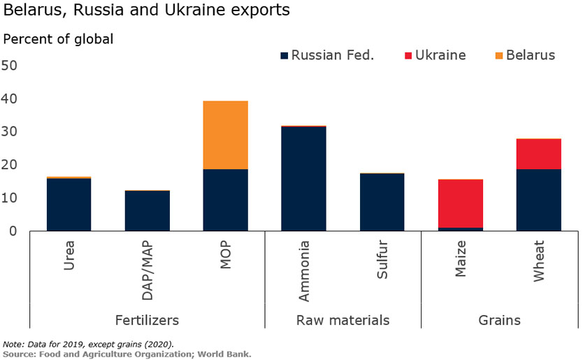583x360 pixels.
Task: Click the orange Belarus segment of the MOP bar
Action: coord(225,135)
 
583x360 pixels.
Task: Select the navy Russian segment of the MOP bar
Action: coord(225,200)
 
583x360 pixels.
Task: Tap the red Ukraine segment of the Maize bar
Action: coord(460,203)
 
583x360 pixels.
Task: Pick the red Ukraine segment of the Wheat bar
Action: coord(538,154)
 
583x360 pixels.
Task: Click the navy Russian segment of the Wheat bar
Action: coord(538,200)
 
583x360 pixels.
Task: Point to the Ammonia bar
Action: coord(303,179)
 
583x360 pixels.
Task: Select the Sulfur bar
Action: coord(382,202)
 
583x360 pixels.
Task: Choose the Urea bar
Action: coord(69,205)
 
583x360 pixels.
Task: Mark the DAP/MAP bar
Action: coord(147,210)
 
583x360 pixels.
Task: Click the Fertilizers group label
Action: coord(147,320)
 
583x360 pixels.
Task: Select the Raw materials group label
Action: coord(343,320)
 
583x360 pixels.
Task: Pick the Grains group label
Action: coord(499,320)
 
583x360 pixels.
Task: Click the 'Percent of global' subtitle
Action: coord(58,39)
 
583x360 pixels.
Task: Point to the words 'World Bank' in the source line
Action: coord(224,354)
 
